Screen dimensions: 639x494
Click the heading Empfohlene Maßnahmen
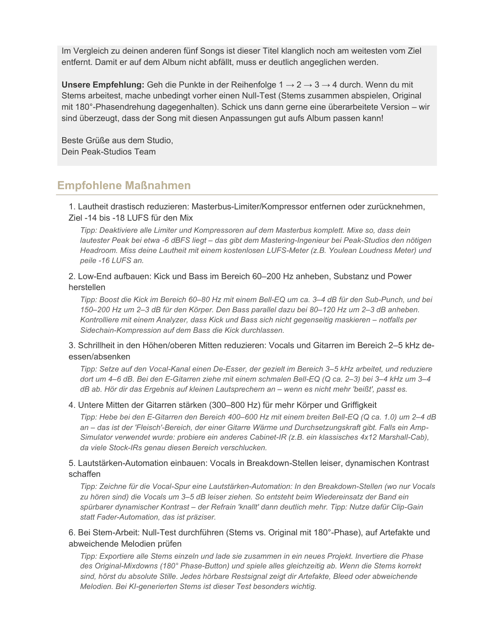tap(124, 186)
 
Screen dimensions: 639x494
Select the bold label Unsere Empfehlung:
tap(103, 85)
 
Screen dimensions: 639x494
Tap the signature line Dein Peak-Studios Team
tap(109, 152)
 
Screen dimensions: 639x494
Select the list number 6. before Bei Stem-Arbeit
tap(72, 532)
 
